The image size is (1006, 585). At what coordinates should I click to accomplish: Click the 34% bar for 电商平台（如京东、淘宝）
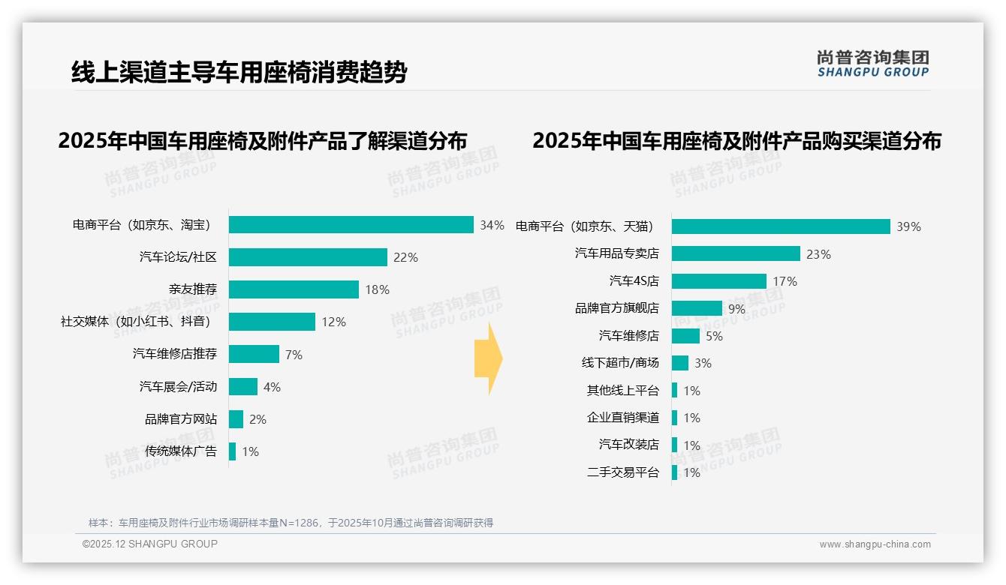351,225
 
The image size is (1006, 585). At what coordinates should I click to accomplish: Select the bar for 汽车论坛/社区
308,257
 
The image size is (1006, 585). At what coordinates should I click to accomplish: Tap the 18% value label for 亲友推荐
378,290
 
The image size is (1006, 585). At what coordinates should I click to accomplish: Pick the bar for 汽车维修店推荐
254,354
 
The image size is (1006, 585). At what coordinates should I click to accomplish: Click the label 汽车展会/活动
178,387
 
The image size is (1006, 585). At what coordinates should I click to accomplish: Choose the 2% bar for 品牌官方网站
236,419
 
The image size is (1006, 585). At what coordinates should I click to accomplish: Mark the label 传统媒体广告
181,451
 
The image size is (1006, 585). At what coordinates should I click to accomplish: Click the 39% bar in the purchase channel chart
781,226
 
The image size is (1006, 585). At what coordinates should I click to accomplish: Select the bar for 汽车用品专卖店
736,253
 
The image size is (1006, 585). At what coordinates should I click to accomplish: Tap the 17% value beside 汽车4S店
785,282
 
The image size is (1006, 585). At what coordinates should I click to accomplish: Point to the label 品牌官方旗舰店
617,308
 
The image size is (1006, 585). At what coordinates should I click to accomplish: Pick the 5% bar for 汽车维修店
685,336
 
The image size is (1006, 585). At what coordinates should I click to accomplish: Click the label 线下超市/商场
620,363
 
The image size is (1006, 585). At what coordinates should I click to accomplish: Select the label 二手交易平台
623,472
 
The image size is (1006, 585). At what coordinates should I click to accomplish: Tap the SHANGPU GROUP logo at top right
872,64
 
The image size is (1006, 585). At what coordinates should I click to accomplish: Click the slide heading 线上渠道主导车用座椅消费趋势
239,73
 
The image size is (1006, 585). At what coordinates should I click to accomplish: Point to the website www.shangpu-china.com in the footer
875,544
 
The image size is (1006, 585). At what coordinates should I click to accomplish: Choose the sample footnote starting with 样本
291,523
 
